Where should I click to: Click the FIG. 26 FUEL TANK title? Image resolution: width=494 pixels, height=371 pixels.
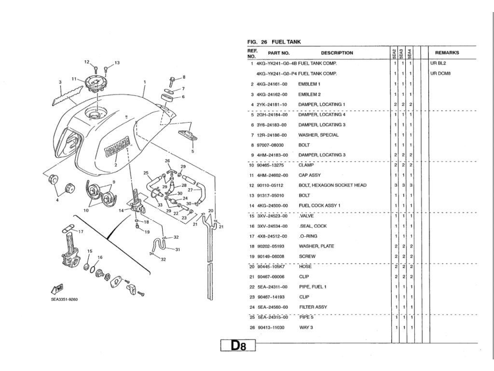tap(274, 42)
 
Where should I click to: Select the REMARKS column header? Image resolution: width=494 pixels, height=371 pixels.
tap(447, 53)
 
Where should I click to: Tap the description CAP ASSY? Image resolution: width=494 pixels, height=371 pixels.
tap(310, 175)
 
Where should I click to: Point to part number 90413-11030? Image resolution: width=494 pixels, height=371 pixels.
tap(271, 328)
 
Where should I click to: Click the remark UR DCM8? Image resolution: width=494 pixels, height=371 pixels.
tap(440, 74)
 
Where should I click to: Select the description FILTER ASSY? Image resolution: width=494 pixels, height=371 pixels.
tap(313, 307)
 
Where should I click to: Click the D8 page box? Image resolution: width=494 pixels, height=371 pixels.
tap(237, 346)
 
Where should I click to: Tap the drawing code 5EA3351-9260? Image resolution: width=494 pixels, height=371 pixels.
tap(64, 299)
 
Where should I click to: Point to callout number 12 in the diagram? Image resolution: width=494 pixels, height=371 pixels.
tap(87, 62)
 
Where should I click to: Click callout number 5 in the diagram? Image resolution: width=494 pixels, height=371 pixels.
tap(192, 151)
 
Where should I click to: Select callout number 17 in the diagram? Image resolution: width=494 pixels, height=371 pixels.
tap(81, 231)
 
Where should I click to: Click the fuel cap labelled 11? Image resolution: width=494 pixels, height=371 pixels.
tap(96, 84)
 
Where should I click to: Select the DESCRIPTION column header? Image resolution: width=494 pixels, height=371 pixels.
tap(337, 53)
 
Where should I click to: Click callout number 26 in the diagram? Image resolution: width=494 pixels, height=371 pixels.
tap(167, 161)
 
